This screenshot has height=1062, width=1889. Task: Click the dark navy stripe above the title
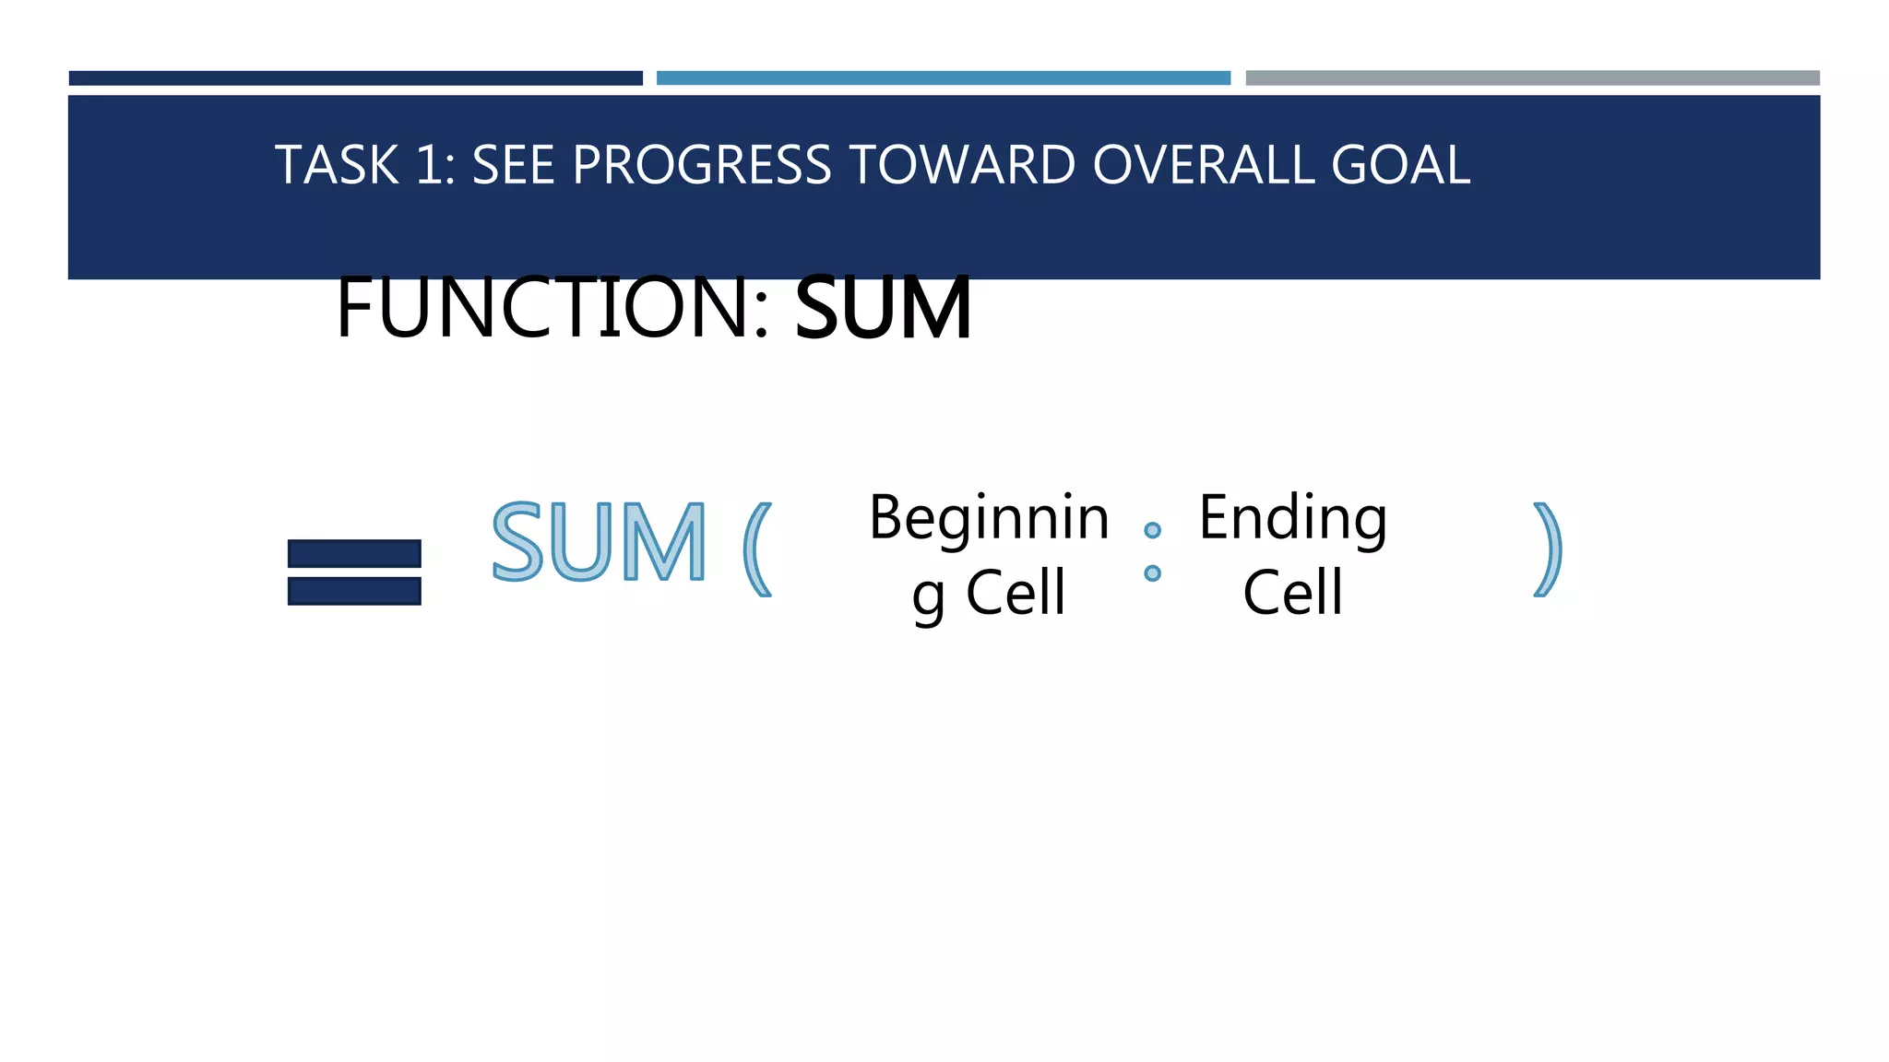(x=355, y=78)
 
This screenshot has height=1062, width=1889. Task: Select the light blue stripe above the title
(x=943, y=78)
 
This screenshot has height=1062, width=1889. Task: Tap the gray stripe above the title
(x=1532, y=78)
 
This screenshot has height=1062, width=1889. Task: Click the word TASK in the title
(x=337, y=166)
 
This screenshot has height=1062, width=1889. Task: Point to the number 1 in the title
(x=429, y=166)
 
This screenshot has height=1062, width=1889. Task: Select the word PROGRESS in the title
(x=702, y=166)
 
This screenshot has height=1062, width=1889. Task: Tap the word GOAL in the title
(x=1400, y=166)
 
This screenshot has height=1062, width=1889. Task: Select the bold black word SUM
(x=883, y=308)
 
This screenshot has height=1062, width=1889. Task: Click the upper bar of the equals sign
(x=354, y=553)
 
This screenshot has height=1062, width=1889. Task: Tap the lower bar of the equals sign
(x=354, y=591)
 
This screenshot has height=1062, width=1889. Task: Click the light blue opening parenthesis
(x=757, y=549)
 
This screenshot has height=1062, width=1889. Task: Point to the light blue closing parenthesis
(x=1547, y=549)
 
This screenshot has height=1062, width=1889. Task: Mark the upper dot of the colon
(x=1152, y=530)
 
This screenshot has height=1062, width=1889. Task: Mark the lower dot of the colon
(x=1152, y=573)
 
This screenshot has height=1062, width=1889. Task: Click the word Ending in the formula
(x=1292, y=518)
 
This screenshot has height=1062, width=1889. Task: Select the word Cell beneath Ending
(x=1292, y=593)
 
